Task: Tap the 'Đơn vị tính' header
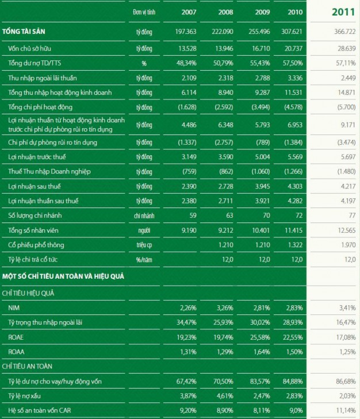[143, 12]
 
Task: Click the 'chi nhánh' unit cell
[143, 216]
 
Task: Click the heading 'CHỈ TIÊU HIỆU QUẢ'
[31, 293]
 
